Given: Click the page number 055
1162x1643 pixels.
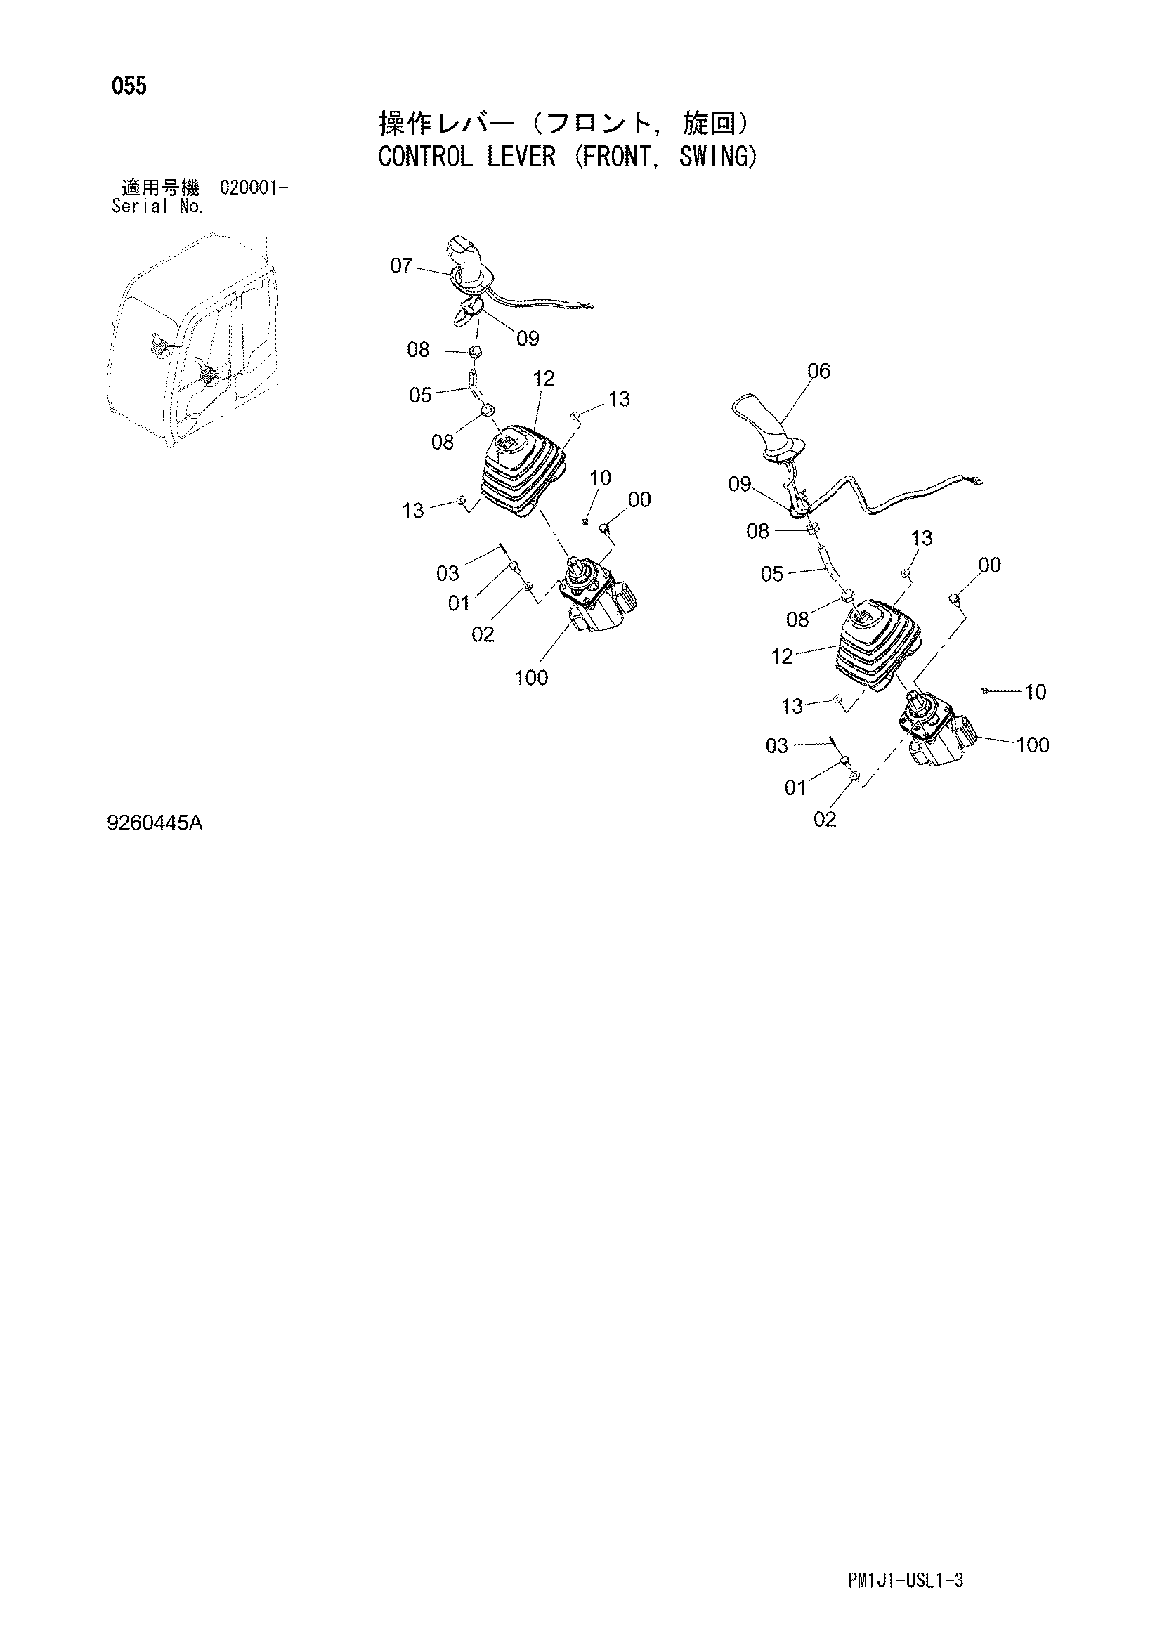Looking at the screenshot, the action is (129, 86).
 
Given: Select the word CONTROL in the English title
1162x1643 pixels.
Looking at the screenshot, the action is (425, 157).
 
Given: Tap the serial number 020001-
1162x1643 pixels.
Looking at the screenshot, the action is (255, 189).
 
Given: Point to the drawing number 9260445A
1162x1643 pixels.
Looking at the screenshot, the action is (155, 825).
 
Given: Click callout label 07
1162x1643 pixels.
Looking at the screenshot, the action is (401, 266).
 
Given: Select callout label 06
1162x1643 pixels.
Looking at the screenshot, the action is (818, 371).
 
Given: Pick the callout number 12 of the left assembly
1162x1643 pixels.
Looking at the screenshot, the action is (544, 379).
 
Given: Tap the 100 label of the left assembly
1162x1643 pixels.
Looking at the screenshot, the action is (531, 677).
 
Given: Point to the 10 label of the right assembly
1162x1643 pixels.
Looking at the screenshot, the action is (1036, 692).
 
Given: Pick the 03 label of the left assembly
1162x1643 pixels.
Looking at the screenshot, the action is (448, 573).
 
